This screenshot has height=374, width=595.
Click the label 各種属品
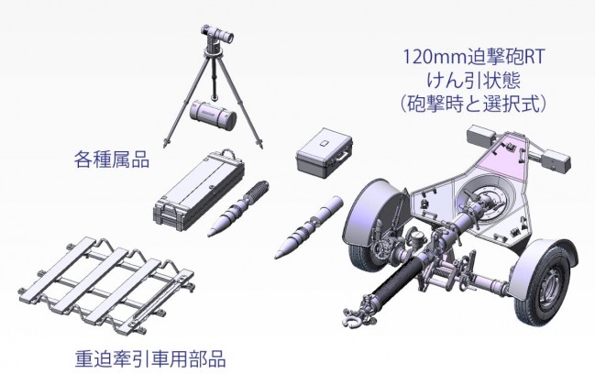point(112,159)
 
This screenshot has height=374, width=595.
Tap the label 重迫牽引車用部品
point(150,358)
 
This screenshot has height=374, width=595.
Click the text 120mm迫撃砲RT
point(473,57)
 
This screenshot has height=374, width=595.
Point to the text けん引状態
point(473,81)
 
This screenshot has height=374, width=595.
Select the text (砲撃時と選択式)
point(473,104)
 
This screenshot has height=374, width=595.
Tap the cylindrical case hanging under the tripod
point(213,114)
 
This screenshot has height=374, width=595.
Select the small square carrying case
point(324,152)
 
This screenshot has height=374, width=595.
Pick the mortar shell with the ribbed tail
point(238,209)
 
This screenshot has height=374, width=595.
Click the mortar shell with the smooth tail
point(309,227)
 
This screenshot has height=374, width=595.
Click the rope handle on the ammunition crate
point(228,153)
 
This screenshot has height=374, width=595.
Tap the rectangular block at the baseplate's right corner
point(556,160)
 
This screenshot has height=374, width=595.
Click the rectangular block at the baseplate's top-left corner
point(480,135)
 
